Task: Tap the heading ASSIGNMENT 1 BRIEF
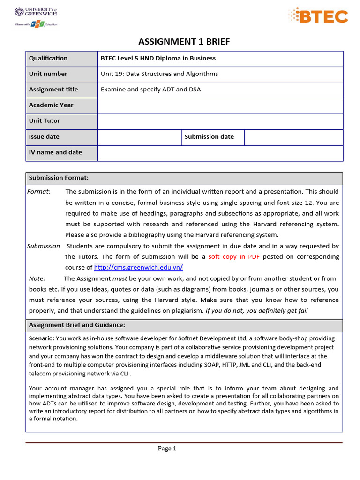coord(184,42)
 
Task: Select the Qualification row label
coord(48,58)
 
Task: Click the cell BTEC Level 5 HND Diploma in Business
coord(158,58)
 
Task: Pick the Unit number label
coord(48,74)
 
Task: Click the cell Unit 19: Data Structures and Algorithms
coord(159,74)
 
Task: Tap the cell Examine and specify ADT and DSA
coord(150,89)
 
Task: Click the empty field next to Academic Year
coord(220,105)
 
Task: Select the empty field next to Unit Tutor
coord(220,121)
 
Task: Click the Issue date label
coord(44,136)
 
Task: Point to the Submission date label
coord(209,136)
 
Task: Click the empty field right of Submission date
coord(293,137)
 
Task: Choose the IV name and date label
coord(55,152)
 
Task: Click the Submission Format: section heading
coord(59,178)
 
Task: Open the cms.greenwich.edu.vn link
coord(138,268)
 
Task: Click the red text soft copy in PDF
coord(234,257)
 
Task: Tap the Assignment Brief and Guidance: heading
coord(77,325)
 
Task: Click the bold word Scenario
coord(41,338)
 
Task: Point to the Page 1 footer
coord(167,449)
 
